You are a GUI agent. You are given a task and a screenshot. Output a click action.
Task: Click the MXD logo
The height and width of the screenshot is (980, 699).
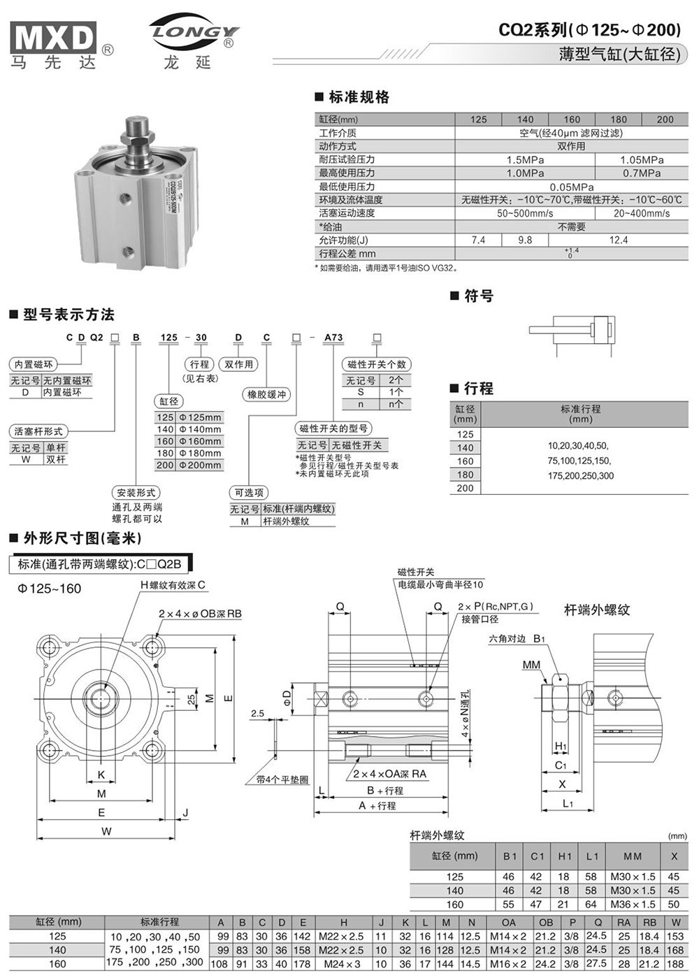tap(53, 41)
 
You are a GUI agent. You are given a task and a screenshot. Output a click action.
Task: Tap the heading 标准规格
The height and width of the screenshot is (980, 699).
tap(359, 97)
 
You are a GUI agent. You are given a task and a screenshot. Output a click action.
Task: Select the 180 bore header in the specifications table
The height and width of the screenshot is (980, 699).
tap(618, 120)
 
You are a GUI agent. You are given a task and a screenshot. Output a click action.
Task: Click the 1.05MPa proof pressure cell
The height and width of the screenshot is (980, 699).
tap(641, 160)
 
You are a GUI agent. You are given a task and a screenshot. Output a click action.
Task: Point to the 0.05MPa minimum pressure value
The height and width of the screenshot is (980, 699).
tap(571, 187)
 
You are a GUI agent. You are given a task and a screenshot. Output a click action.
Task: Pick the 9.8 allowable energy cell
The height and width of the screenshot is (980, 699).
tap(524, 240)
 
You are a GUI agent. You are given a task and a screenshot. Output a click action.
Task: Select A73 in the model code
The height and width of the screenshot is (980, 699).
tap(333, 337)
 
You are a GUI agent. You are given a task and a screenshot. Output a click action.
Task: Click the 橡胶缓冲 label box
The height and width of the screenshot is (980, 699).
tap(267, 394)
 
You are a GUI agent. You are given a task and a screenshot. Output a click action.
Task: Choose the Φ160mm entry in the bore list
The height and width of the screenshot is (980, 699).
tap(199, 441)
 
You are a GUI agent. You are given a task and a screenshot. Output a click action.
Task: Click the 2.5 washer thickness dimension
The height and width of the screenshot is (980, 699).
tap(257, 714)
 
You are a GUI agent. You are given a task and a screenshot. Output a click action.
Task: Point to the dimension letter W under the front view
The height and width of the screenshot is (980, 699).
tap(106, 831)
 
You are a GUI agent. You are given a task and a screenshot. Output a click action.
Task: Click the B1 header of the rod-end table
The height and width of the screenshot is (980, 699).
tap(510, 856)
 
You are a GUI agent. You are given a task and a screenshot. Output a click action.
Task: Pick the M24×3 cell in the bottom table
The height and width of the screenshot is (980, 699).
tap(343, 964)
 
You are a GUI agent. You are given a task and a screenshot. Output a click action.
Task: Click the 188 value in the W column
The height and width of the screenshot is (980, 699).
tap(675, 964)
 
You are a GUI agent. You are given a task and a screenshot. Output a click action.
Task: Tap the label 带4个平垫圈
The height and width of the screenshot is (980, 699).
tap(282, 779)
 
